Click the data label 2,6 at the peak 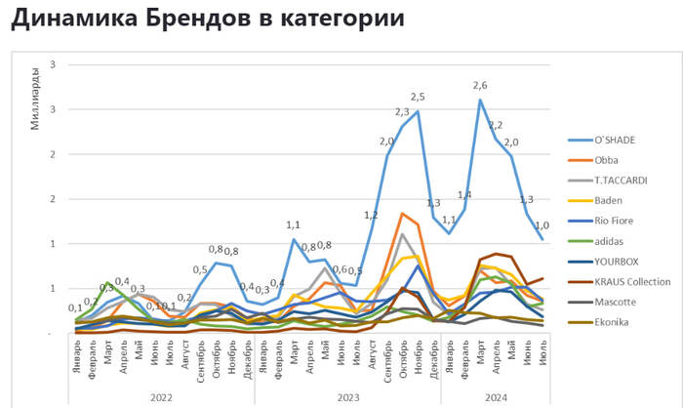click(480, 86)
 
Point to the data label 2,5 click(418, 97)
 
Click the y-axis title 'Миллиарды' click(36, 97)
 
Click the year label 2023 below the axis click(346, 396)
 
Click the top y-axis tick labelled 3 click(52, 64)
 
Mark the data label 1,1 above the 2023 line click(292, 224)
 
